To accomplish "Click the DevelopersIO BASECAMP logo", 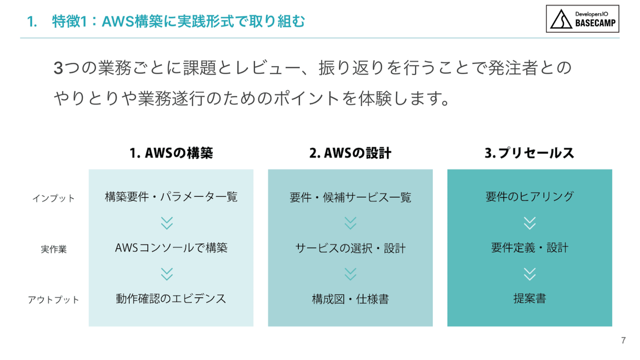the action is (582, 19).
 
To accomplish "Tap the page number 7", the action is (623, 341).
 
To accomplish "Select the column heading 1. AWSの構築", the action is (171, 153).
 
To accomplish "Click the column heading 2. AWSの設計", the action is (350, 153).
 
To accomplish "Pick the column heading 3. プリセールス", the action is (529, 153).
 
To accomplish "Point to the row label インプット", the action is (53, 198).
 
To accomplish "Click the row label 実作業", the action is (53, 249).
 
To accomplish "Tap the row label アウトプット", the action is (53, 300).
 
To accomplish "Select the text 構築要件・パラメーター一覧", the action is (171, 197).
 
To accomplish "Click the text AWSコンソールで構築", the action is (171, 248).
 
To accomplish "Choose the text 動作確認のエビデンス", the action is (171, 299).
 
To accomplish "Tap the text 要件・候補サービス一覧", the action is (350, 197).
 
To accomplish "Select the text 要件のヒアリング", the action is (529, 197).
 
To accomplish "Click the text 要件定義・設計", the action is (529, 248).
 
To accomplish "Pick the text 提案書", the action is (529, 299).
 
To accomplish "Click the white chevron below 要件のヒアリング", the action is (529, 223).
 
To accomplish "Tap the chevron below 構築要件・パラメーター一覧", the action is (167, 223).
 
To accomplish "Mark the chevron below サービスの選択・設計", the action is (350, 274).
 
